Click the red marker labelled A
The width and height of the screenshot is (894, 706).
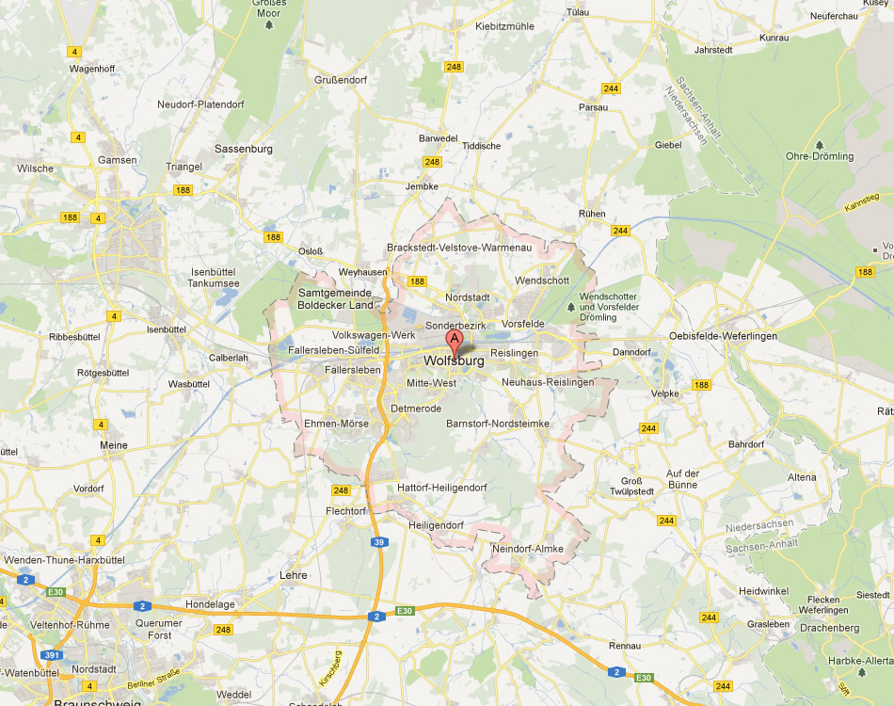(455, 340)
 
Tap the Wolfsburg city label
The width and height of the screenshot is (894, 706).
(455, 361)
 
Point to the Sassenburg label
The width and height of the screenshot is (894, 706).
(244, 149)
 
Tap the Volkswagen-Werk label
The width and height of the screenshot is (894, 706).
(375, 335)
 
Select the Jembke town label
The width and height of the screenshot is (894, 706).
(422, 186)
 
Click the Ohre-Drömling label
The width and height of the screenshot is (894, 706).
(820, 156)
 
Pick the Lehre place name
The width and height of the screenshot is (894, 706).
(294, 574)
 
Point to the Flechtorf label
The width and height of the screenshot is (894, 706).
(344, 510)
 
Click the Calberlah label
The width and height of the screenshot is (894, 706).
(229, 358)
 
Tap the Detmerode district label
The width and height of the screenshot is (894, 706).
(415, 409)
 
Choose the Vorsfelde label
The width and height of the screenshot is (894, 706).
(523, 324)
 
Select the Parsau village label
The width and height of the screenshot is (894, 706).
(594, 107)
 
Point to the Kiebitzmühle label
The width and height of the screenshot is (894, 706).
(505, 26)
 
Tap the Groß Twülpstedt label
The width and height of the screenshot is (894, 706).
(631, 486)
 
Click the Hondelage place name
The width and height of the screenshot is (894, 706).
(210, 604)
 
